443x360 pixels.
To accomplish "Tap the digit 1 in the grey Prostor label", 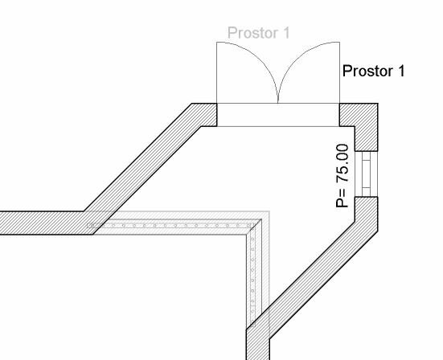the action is (286, 32).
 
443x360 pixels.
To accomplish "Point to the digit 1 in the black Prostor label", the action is (400, 71).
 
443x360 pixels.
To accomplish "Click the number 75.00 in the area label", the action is (343, 163).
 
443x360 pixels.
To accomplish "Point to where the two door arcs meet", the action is (278, 103).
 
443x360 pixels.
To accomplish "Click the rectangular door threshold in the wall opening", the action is (278, 115).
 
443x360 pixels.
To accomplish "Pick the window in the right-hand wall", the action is (366, 174).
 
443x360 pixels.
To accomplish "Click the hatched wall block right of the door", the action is (363, 124).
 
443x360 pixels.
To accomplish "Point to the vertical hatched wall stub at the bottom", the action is (258, 345).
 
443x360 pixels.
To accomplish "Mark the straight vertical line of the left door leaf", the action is (217, 72).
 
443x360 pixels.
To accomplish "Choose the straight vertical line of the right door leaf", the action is (339, 72).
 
